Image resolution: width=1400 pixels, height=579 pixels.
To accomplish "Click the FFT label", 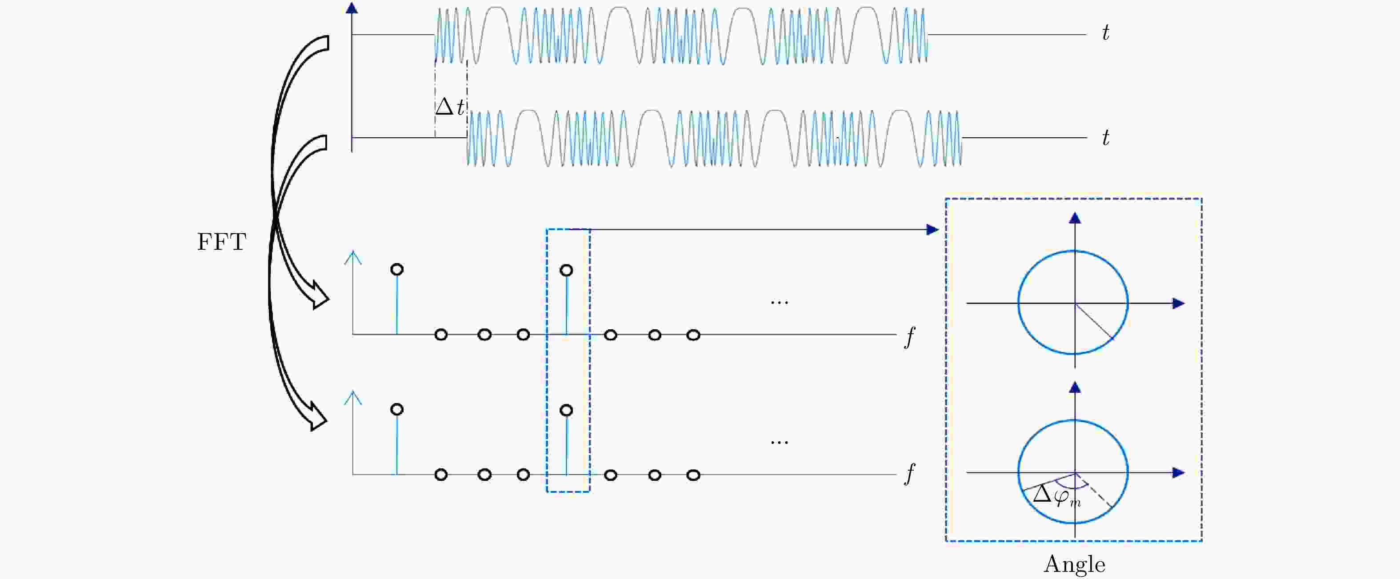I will click(x=222, y=242).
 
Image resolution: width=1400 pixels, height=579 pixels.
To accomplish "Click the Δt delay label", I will click(x=450, y=107).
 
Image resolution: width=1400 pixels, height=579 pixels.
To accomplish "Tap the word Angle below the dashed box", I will click(x=1075, y=565).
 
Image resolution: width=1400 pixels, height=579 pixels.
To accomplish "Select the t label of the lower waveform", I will click(x=1105, y=138).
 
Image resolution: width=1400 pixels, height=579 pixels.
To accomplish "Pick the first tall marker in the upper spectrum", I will click(x=397, y=269).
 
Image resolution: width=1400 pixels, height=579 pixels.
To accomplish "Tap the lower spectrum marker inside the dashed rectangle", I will click(x=566, y=411).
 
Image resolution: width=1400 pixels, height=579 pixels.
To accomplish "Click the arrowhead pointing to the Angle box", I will click(x=932, y=230).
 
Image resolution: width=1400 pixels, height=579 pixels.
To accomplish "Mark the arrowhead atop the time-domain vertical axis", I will click(x=352, y=8).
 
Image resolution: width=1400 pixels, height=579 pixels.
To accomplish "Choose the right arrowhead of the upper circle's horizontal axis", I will click(x=1178, y=303).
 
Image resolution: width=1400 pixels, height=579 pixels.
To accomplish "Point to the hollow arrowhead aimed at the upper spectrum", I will click(x=320, y=296).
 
